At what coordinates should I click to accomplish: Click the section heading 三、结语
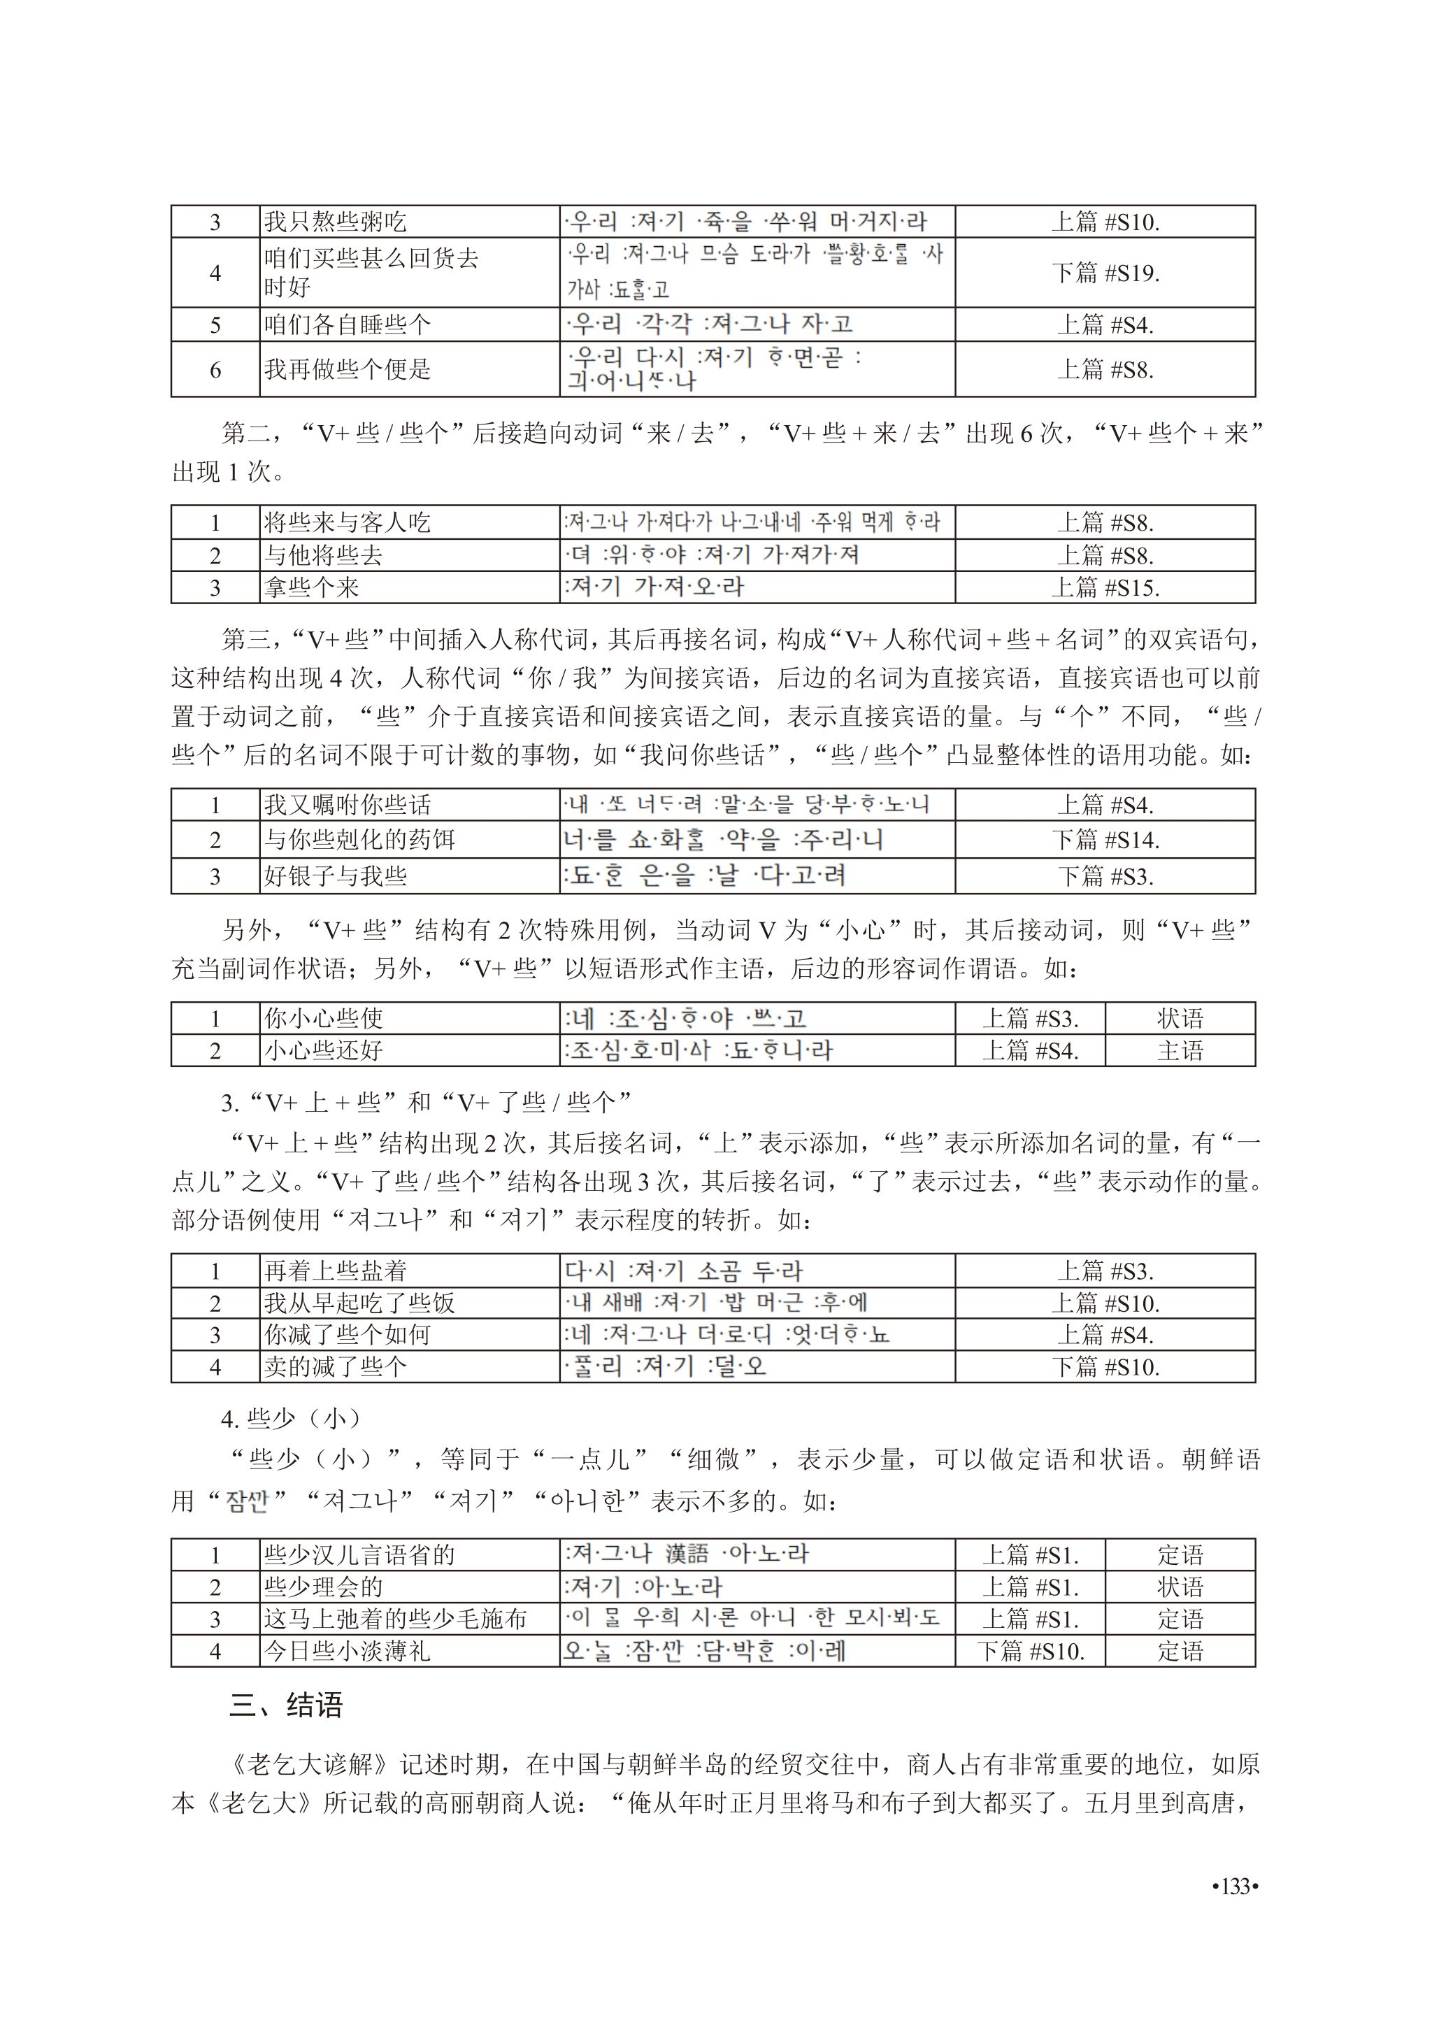pos(286,1705)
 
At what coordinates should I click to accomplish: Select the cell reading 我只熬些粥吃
pos(335,222)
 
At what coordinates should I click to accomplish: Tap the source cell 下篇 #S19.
pos(1105,273)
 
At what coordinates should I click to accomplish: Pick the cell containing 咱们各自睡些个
pos(348,324)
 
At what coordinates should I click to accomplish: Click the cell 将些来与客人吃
pos(348,523)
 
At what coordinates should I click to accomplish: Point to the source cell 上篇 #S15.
pos(1105,587)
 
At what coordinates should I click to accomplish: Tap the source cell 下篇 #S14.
pos(1105,840)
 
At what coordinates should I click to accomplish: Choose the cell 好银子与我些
pos(335,875)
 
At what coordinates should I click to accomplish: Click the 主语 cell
pos(1180,1050)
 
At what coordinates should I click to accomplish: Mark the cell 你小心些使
pos(324,1019)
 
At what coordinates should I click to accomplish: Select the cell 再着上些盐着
pos(335,1271)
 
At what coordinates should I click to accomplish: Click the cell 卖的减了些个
pos(335,1367)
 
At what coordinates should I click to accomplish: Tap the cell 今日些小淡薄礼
pos(348,1651)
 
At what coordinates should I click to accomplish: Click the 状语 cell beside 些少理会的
pos(1180,1587)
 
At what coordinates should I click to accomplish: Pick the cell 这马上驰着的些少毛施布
pos(395,1619)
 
